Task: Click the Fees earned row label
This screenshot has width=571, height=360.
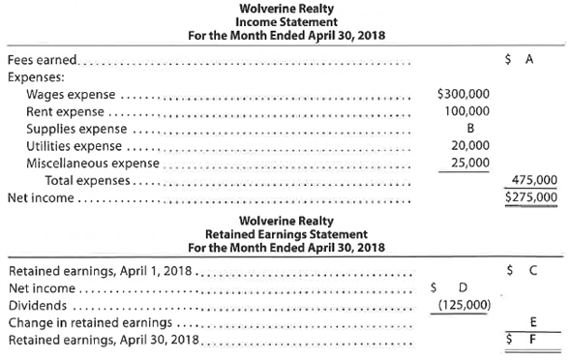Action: tap(45, 59)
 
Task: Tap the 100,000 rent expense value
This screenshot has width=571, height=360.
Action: tap(467, 112)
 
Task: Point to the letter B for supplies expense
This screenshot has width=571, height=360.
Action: tap(470, 130)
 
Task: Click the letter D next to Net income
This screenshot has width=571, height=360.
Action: tap(463, 286)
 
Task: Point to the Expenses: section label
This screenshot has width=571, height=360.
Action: tap(35, 76)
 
